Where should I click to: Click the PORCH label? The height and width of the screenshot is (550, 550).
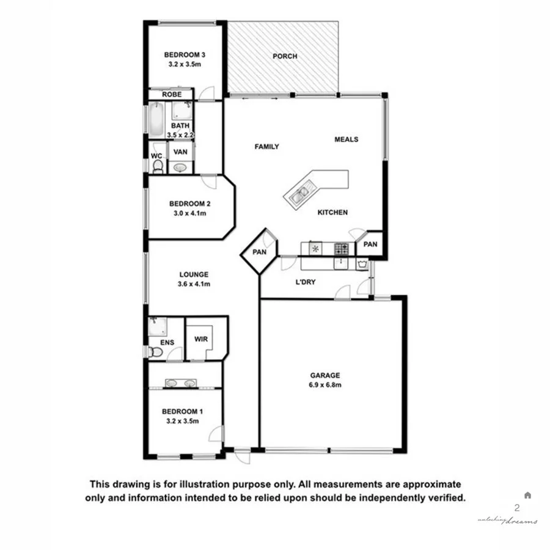tap(285, 56)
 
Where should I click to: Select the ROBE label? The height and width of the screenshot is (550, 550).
tap(170, 95)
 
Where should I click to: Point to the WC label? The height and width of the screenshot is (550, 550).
tap(156, 156)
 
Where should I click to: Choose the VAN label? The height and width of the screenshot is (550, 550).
tap(180, 152)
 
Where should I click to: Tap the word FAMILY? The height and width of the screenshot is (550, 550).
tap(266, 147)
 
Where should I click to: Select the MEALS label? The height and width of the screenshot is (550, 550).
tap(346, 139)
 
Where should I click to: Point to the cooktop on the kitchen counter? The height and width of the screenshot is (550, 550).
tap(341, 249)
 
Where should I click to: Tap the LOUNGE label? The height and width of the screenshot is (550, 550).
tap(194, 274)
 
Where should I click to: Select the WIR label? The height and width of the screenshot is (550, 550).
tap(199, 338)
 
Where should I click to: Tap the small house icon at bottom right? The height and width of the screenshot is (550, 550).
tap(527, 495)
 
